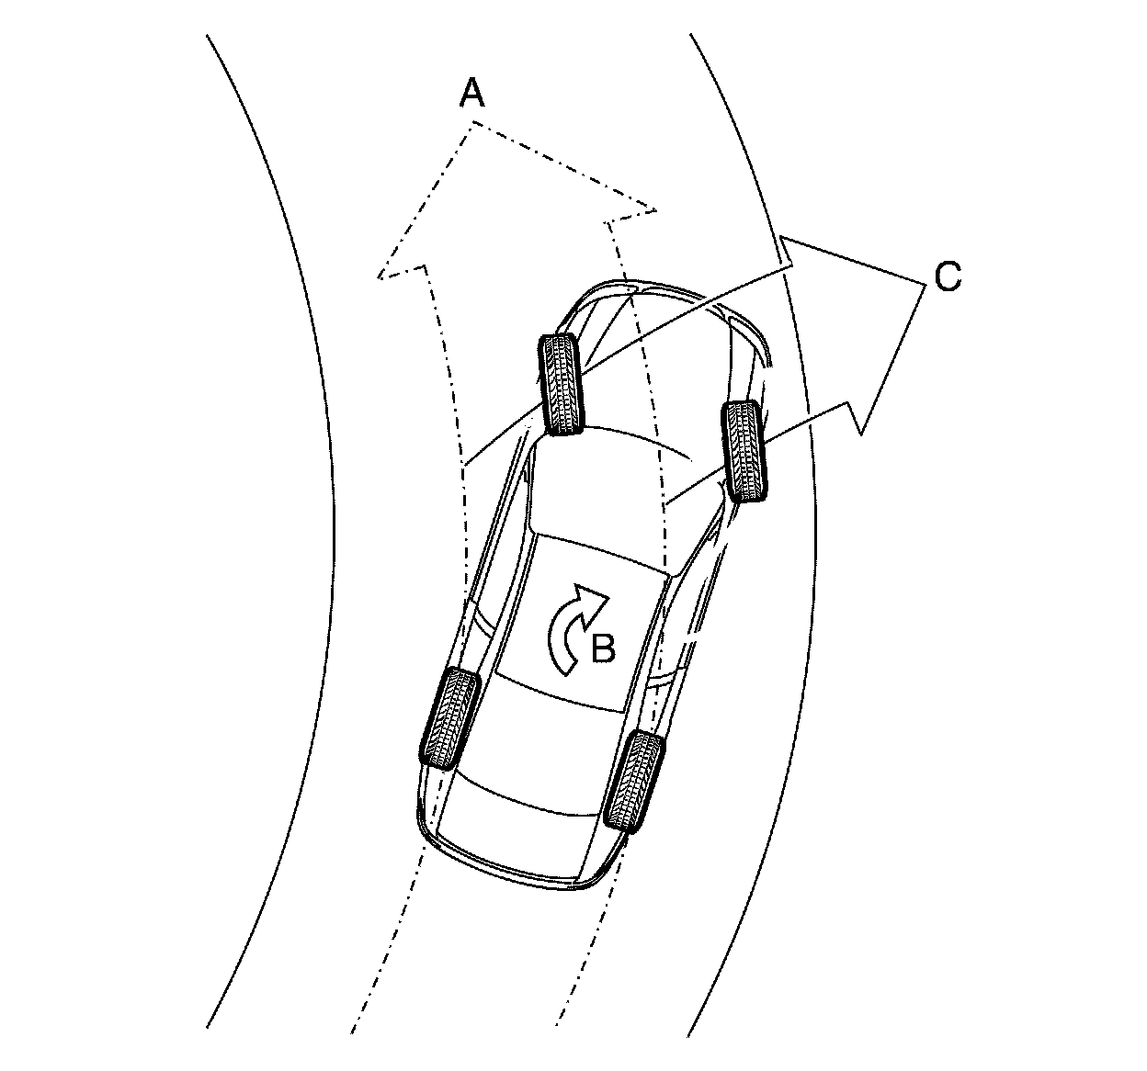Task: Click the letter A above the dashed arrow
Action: pos(471,93)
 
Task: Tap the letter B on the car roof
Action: pos(602,648)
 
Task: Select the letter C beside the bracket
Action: pos(948,276)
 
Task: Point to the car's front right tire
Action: pos(745,450)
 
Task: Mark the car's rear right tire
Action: pos(633,782)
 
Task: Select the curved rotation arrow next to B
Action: pos(574,629)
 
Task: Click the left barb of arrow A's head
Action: pos(380,275)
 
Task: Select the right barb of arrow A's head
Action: pos(656,211)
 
